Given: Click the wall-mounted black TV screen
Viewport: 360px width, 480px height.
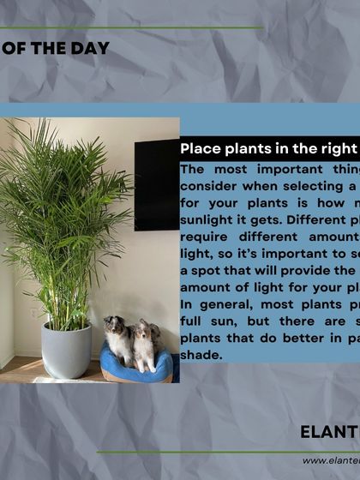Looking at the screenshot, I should click(x=157, y=180).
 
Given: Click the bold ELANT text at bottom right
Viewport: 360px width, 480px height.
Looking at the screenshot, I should click(x=329, y=431).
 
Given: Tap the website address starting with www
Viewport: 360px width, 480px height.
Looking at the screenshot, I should click(x=331, y=460).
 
